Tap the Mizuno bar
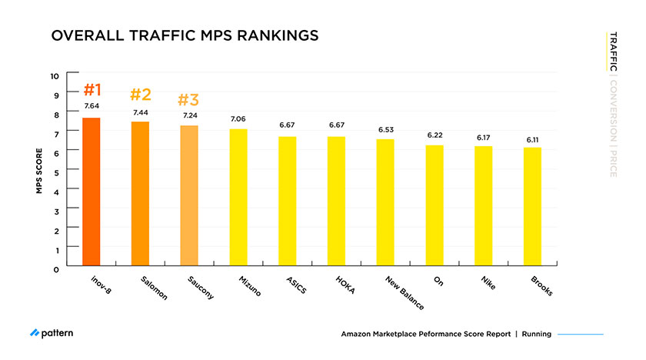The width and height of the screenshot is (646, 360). tap(238, 197)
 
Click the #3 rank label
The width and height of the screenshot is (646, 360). tap(188, 100)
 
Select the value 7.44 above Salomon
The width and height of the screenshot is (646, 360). tap(140, 112)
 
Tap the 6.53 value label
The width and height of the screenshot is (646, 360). tap(385, 130)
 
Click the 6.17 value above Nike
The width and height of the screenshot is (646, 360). tap(483, 137)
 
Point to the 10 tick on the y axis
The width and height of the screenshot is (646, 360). tap(54, 75)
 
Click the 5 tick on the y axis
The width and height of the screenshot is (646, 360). tap(55, 172)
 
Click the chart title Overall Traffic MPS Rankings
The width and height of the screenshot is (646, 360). tap(184, 36)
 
